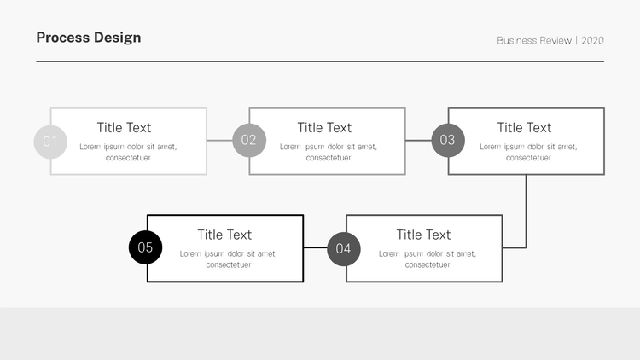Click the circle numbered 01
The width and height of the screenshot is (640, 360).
tap(50, 142)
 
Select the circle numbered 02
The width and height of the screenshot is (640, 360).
tap(249, 140)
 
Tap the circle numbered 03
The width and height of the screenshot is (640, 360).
tap(448, 140)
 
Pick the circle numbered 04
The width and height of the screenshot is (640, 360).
tap(344, 248)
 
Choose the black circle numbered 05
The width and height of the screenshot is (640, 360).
tap(145, 247)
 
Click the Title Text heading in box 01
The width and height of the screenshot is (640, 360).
tap(124, 128)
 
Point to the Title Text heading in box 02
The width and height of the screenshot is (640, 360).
tap(324, 128)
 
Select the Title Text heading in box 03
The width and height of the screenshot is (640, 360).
tap(525, 128)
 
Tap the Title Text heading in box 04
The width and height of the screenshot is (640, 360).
tap(423, 235)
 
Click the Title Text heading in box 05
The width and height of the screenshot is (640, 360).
tap(224, 235)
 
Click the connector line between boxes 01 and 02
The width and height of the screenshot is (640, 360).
tap(219, 141)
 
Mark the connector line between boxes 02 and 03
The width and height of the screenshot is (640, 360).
tap(418, 141)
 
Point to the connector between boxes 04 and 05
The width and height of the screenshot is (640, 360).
tap(316, 247)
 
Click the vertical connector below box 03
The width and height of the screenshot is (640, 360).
tap(527, 211)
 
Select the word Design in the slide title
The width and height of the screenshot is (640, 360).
tap(118, 38)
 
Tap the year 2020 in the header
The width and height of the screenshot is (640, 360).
tap(593, 40)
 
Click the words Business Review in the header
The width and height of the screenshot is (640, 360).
tap(534, 40)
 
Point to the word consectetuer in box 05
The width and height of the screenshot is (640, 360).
tap(229, 265)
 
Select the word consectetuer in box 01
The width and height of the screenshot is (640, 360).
tap(128, 158)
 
